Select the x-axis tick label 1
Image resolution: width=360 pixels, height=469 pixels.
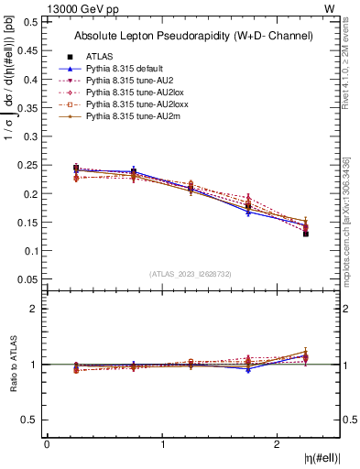click(163, 443)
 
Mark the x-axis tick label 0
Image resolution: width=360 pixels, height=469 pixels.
click(47, 443)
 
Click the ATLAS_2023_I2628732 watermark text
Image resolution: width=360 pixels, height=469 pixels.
click(190, 273)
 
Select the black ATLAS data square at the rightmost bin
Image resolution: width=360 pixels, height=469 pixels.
click(306, 234)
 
